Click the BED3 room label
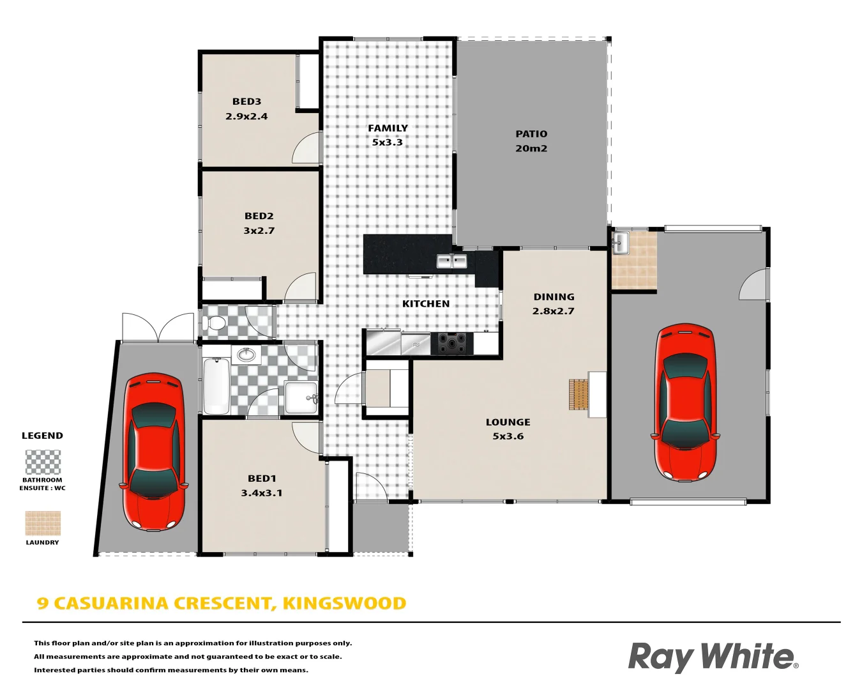[246, 102]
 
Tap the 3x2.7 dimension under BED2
[259, 231]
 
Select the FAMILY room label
[388, 128]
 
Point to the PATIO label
[531, 134]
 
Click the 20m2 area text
[531, 148]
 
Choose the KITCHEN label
[426, 304]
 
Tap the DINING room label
[554, 297]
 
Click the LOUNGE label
[508, 422]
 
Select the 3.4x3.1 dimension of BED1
[262, 493]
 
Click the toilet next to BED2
[215, 323]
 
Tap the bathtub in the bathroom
[216, 386]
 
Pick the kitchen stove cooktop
[452, 344]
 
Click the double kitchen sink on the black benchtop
[452, 261]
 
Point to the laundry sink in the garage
[619, 243]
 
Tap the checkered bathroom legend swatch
[43, 463]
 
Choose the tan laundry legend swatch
[43, 523]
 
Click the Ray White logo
[713, 657]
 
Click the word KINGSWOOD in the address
[344, 604]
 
